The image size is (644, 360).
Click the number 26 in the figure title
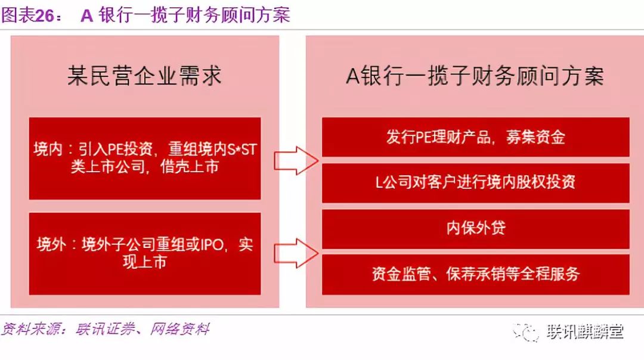pyautogui.click(x=45, y=15)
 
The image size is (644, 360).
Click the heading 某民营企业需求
pyautogui.click(x=144, y=76)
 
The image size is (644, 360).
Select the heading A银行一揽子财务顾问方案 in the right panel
pyautogui.click(x=475, y=76)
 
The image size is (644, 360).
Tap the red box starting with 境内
pyautogui.click(x=145, y=159)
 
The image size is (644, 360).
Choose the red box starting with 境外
pyautogui.click(x=145, y=253)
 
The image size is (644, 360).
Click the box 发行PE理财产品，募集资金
pyautogui.click(x=476, y=137)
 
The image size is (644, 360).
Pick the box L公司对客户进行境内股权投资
pyautogui.click(x=476, y=182)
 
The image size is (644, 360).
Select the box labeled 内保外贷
pyautogui.click(x=476, y=229)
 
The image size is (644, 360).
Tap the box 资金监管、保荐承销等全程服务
pyautogui.click(x=476, y=274)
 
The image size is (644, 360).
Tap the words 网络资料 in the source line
pyautogui.click(x=180, y=329)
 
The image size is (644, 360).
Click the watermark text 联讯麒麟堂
pyautogui.click(x=585, y=331)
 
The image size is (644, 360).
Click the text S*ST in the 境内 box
pyautogui.click(x=242, y=150)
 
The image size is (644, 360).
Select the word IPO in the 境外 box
pyautogui.click(x=212, y=244)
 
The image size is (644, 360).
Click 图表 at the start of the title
pyautogui.click(x=18, y=15)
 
